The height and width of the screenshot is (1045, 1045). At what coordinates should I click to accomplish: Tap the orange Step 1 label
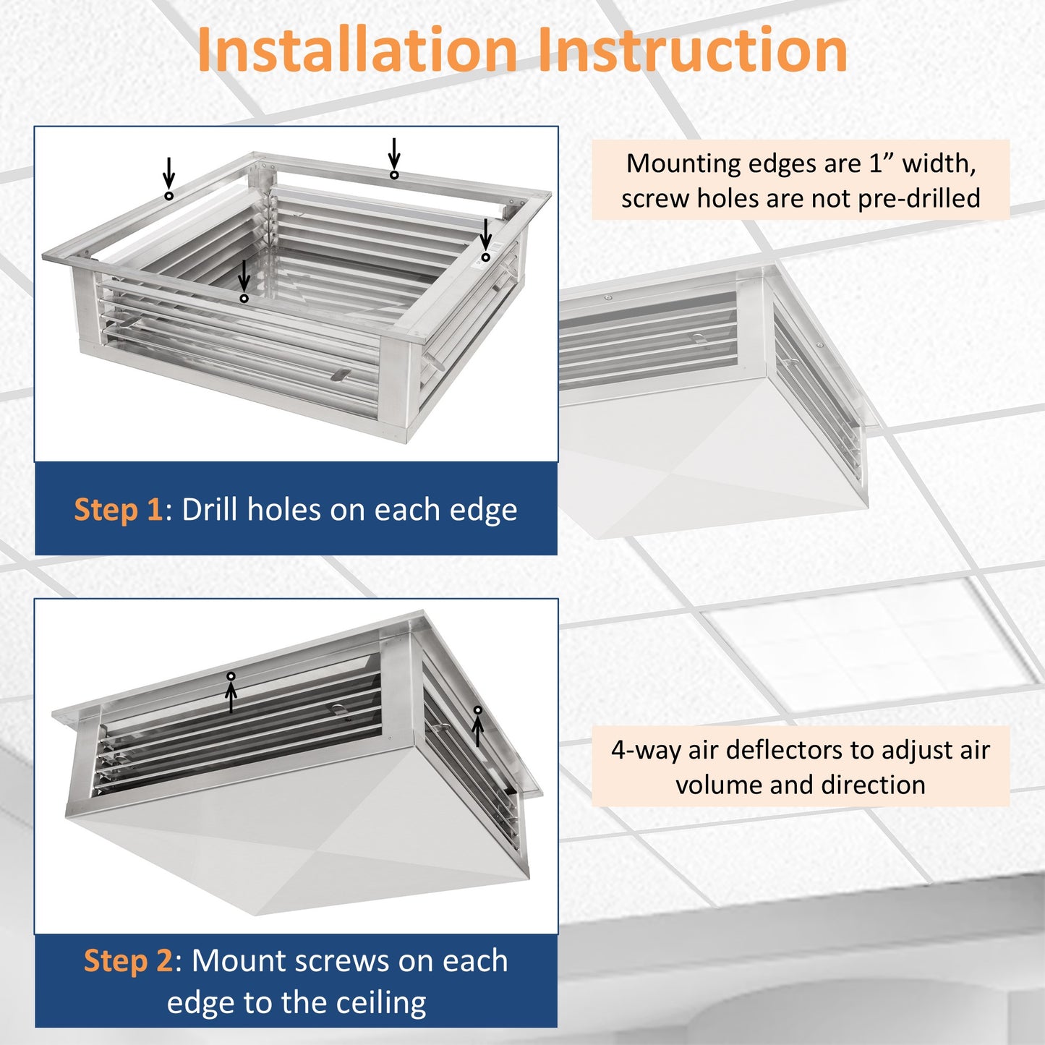118,510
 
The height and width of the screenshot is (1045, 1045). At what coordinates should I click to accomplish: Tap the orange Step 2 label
128,960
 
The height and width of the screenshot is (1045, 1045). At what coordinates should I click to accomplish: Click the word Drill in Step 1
210,510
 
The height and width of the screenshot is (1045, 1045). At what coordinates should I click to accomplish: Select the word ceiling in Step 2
381,1002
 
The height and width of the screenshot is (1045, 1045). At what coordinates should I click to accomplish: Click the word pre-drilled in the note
918,198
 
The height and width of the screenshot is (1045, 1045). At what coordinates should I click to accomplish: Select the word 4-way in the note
646,750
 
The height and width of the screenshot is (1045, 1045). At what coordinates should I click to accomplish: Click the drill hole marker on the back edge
394,175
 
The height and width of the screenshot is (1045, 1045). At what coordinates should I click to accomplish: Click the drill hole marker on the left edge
169,196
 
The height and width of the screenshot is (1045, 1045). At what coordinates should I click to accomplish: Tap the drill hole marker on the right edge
486,257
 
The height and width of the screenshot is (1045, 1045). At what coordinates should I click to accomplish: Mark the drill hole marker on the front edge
244,299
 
